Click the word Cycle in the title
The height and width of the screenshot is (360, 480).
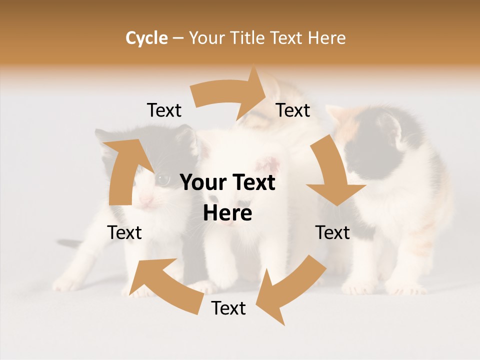point(146,38)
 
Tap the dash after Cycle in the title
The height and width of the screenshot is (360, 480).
point(178,38)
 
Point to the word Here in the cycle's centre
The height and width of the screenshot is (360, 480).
point(227,213)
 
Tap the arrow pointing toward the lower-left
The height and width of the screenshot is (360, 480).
point(285,290)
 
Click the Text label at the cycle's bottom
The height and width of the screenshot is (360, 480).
point(228,308)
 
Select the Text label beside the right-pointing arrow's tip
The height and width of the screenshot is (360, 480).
point(293,110)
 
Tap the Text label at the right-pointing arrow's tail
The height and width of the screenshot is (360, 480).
point(164,110)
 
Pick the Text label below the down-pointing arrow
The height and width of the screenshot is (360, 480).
point(332,232)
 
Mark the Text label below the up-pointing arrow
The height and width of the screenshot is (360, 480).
point(124,232)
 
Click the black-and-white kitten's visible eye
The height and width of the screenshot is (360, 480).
point(163,178)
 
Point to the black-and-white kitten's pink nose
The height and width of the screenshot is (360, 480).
point(145,200)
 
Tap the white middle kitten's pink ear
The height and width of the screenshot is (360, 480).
point(269,163)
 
